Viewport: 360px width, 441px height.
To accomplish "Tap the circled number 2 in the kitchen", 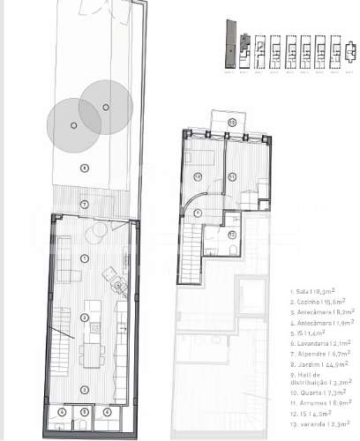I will (85, 318).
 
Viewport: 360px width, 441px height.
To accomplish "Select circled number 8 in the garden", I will (85, 168).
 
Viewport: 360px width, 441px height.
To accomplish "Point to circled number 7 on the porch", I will (85, 205).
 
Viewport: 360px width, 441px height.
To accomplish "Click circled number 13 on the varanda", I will (231, 122).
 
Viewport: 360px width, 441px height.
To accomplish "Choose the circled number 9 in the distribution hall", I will (199, 213).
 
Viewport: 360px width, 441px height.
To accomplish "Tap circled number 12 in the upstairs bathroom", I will (231, 235).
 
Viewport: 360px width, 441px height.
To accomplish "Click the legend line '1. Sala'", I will (307, 289).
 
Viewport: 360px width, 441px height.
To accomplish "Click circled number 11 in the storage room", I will (231, 176).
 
